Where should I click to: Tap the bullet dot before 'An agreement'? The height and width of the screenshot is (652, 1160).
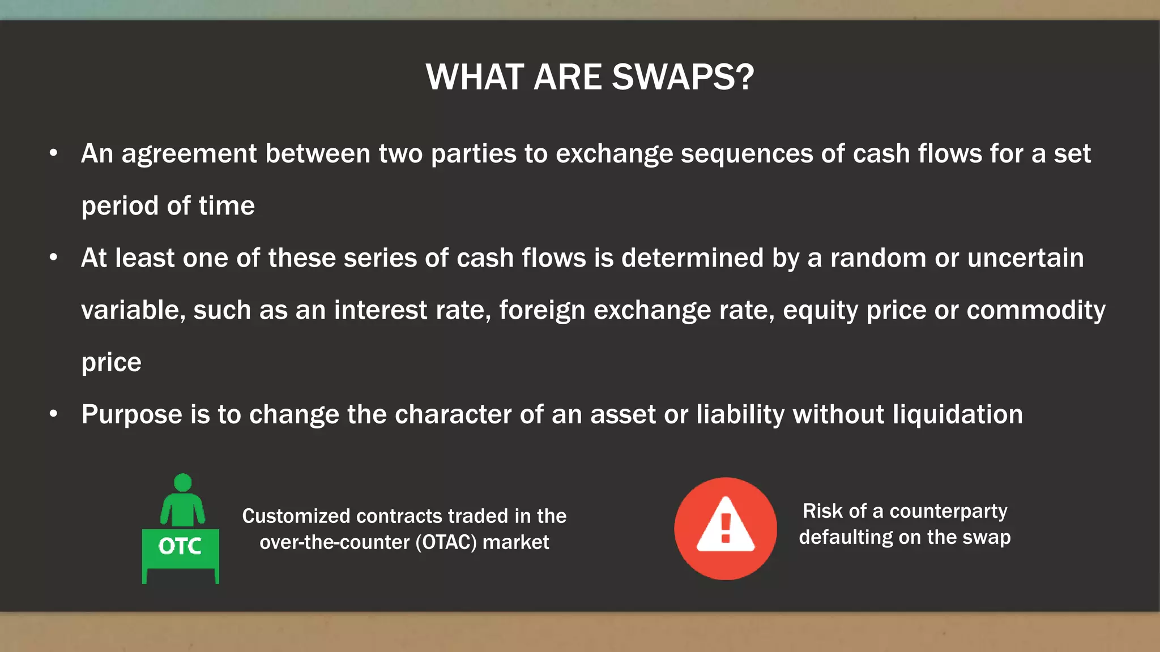(x=53, y=153)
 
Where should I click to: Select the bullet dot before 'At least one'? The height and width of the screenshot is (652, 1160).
(x=53, y=258)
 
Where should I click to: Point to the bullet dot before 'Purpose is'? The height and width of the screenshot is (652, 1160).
(x=53, y=414)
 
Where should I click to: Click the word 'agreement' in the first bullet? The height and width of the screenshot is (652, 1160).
(x=189, y=154)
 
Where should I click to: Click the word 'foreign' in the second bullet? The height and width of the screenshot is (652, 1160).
(x=542, y=311)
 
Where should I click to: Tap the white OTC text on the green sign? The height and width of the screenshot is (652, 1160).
(x=180, y=546)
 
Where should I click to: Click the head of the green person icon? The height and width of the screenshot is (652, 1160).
(x=182, y=483)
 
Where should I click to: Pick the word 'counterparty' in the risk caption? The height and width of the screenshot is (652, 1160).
(x=948, y=511)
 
